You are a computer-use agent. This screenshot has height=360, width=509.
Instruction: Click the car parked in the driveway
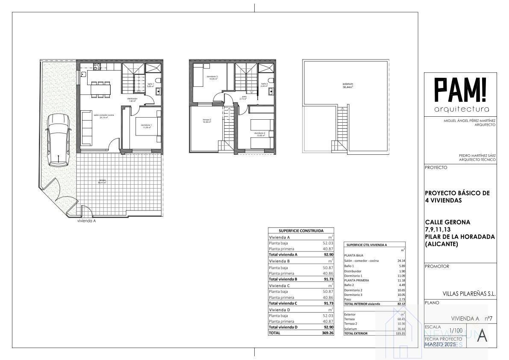[x=58, y=140]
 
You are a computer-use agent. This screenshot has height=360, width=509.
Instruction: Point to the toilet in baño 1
[x=158, y=81]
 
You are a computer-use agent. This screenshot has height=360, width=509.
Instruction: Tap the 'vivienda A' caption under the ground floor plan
[x=86, y=221]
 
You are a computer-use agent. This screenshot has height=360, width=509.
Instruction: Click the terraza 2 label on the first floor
[x=207, y=121]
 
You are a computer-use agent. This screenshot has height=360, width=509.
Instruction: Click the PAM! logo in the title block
[x=460, y=91]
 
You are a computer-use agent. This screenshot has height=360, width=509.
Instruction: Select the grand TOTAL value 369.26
[x=327, y=333]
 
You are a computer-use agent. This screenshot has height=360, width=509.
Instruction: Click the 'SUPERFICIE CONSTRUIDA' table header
[x=301, y=230]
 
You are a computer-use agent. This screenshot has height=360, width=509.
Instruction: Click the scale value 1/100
[x=456, y=330]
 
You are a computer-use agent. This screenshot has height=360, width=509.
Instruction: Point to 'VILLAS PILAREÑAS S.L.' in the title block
[x=469, y=294]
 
